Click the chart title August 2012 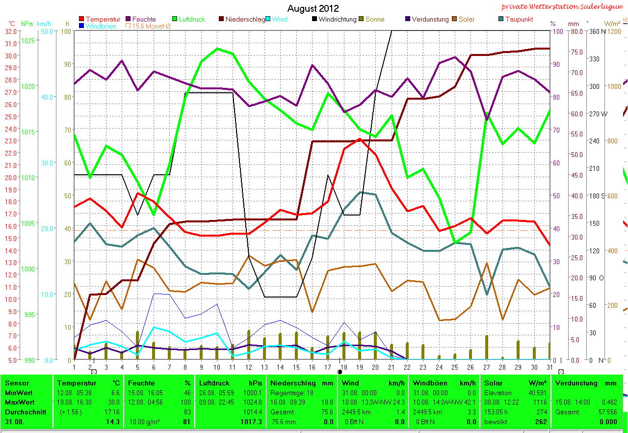click(313, 8)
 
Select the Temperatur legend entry click(103, 19)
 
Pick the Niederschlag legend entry click(245, 19)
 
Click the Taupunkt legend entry click(519, 19)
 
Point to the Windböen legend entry click(101, 26)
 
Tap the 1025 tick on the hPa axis click(28, 40)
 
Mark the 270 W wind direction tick click(598, 114)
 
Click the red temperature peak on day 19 click(360, 139)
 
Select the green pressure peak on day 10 click(217, 49)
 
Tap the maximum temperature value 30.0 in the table click(115, 402)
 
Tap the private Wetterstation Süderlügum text click(564, 7)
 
